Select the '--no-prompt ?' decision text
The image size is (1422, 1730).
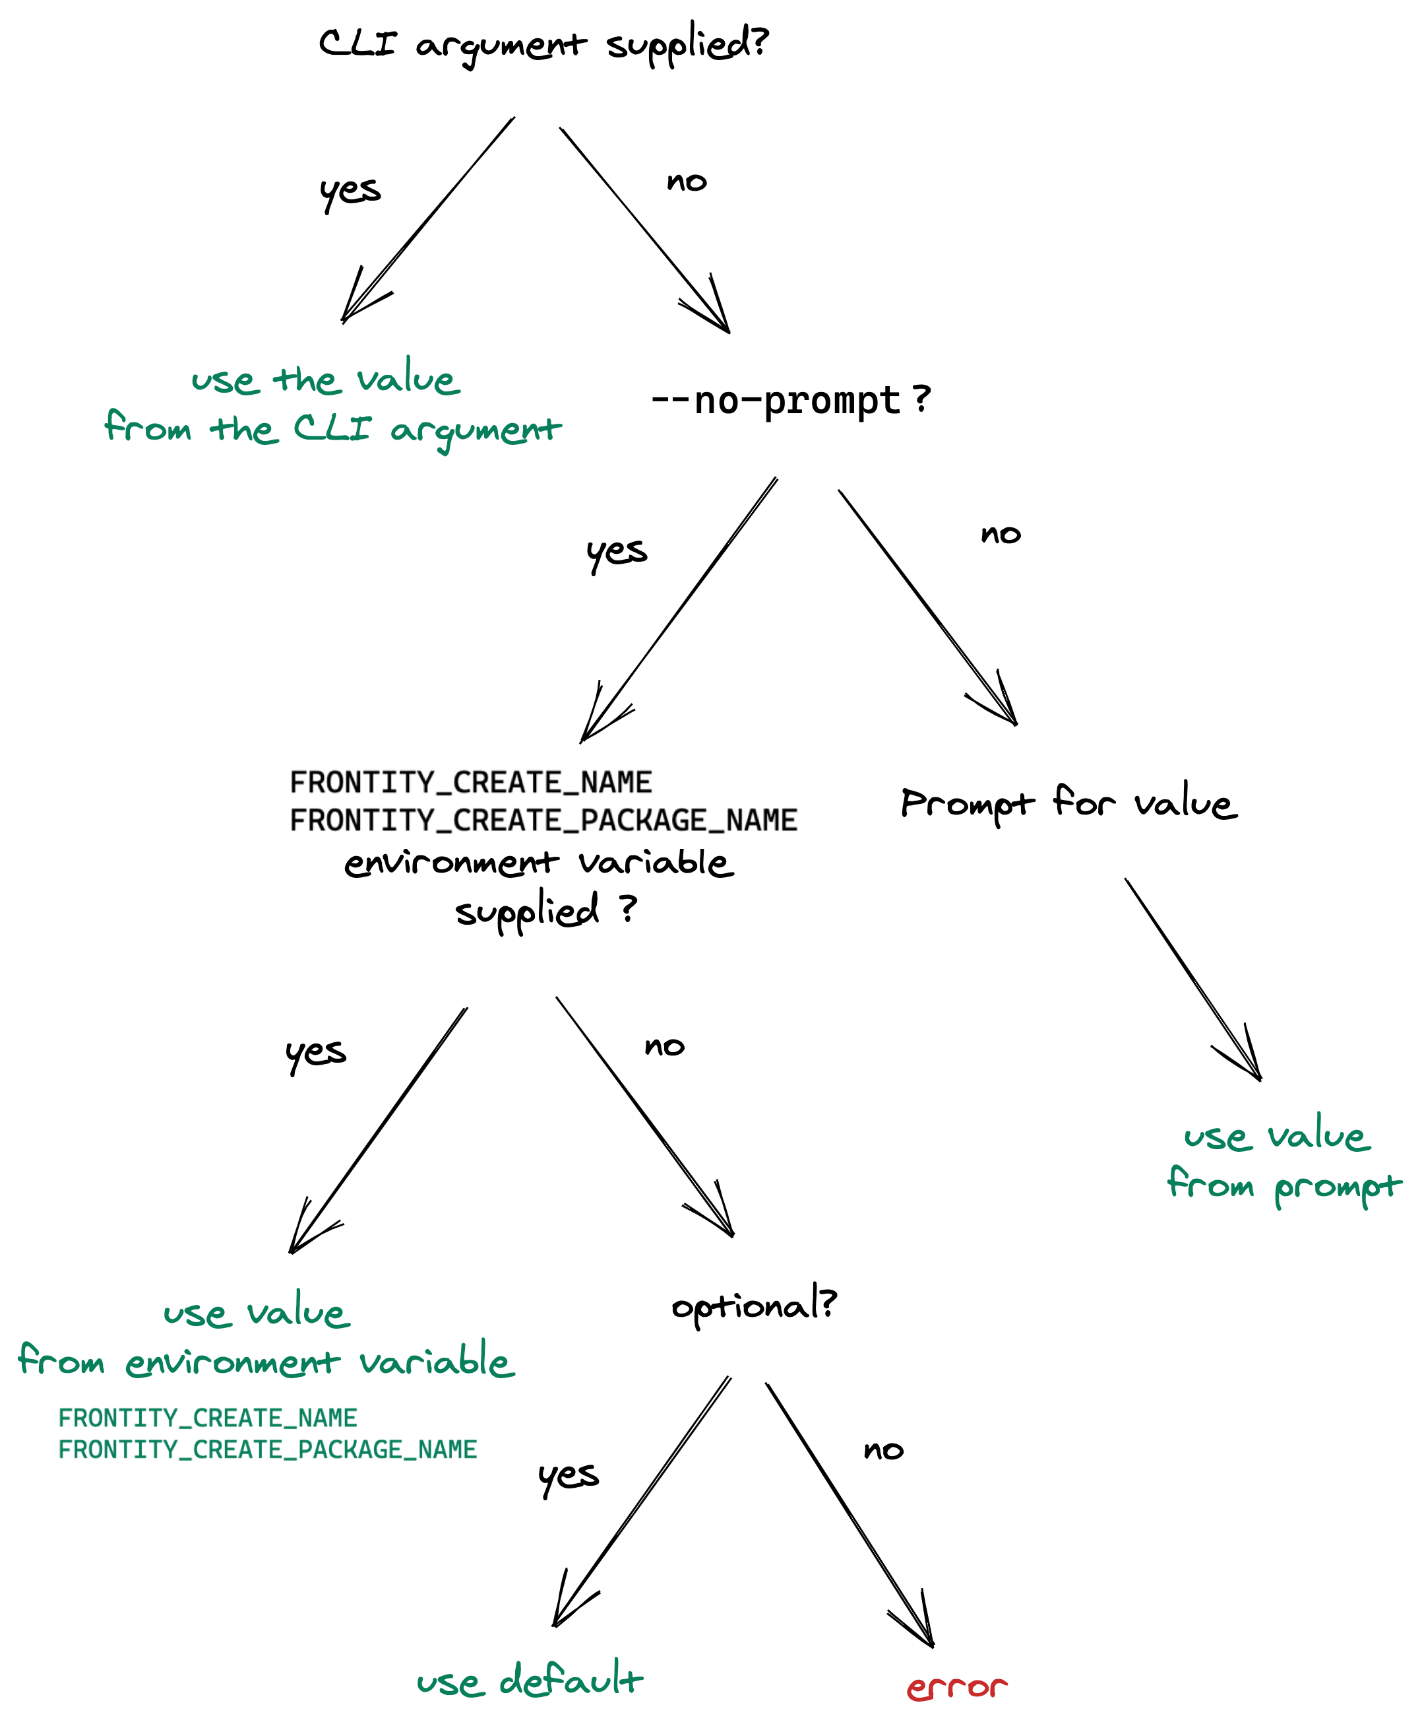pyautogui.click(x=790, y=401)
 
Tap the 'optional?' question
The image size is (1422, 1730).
pyautogui.click(x=754, y=1305)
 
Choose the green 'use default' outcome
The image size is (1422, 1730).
pyautogui.click(x=529, y=1680)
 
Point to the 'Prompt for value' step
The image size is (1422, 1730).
pyautogui.click(x=1069, y=803)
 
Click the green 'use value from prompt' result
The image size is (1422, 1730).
pyautogui.click(x=1283, y=1162)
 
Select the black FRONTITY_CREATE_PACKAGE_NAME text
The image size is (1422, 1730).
pyautogui.click(x=543, y=820)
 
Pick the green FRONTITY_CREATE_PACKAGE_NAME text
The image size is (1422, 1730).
pyautogui.click(x=267, y=1449)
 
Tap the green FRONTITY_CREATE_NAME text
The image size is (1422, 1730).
pyautogui.click(x=207, y=1418)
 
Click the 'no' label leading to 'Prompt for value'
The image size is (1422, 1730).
pyautogui.click(x=1000, y=535)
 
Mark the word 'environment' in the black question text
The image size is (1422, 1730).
pyautogui.click(x=451, y=863)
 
